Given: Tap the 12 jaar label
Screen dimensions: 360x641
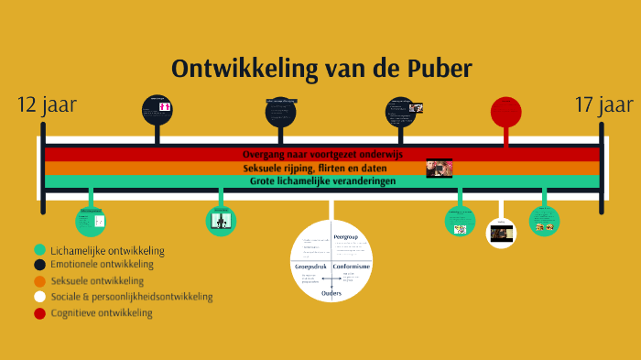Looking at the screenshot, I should pos(47,105).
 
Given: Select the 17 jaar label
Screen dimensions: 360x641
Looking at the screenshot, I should pos(603,105).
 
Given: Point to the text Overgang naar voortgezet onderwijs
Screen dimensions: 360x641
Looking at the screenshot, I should pos(322,154).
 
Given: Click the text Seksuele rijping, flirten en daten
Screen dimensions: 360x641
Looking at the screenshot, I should pos(314,169).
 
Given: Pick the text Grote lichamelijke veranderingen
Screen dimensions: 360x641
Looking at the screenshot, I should pos(322,181).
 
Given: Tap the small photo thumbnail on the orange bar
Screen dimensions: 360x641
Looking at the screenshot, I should pos(439,169).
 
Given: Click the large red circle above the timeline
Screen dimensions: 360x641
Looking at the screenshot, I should pos(505,111).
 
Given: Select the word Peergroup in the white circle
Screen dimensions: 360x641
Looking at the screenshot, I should pos(345,237).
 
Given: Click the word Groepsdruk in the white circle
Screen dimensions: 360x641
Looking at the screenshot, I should pos(310,266).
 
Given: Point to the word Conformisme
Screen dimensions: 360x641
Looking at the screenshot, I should pos(351,266).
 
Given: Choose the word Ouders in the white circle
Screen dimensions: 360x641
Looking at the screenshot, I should pos(331,292).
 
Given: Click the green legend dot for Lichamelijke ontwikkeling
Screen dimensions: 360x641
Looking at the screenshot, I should pos(39,249).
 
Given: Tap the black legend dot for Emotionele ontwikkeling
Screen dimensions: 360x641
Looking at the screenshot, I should pos(39,265).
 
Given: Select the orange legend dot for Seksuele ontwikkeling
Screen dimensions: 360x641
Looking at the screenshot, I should pos(39,281).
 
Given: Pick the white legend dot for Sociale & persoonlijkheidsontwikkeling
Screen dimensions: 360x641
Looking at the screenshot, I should pos(39,297).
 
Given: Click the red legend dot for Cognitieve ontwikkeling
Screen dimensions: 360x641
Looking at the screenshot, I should pos(39,313).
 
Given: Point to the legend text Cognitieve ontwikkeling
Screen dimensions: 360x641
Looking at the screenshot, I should pos(102,313).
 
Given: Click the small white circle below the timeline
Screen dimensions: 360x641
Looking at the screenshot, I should pos(500,233).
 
